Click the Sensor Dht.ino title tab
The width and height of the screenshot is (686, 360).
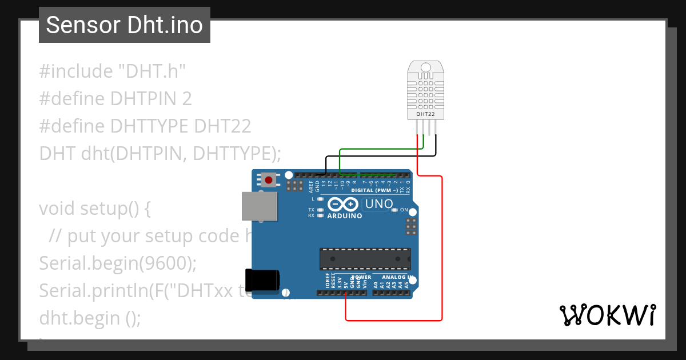coord(124,25)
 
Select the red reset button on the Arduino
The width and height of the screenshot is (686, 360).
coord(269,180)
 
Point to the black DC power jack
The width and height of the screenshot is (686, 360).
coord(262,279)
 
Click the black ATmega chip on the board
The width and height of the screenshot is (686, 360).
coord(365,259)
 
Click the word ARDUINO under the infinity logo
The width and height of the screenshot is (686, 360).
coord(345,216)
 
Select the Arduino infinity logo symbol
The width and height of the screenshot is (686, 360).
coord(343,204)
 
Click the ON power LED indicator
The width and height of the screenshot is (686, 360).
coord(394,210)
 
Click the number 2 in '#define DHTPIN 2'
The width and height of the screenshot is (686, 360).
coord(186,99)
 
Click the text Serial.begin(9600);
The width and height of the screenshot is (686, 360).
coord(118,263)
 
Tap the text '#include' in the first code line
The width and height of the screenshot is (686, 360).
coord(76,71)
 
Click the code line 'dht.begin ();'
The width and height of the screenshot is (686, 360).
coord(90,318)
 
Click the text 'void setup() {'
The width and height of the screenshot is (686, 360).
coord(95,209)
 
